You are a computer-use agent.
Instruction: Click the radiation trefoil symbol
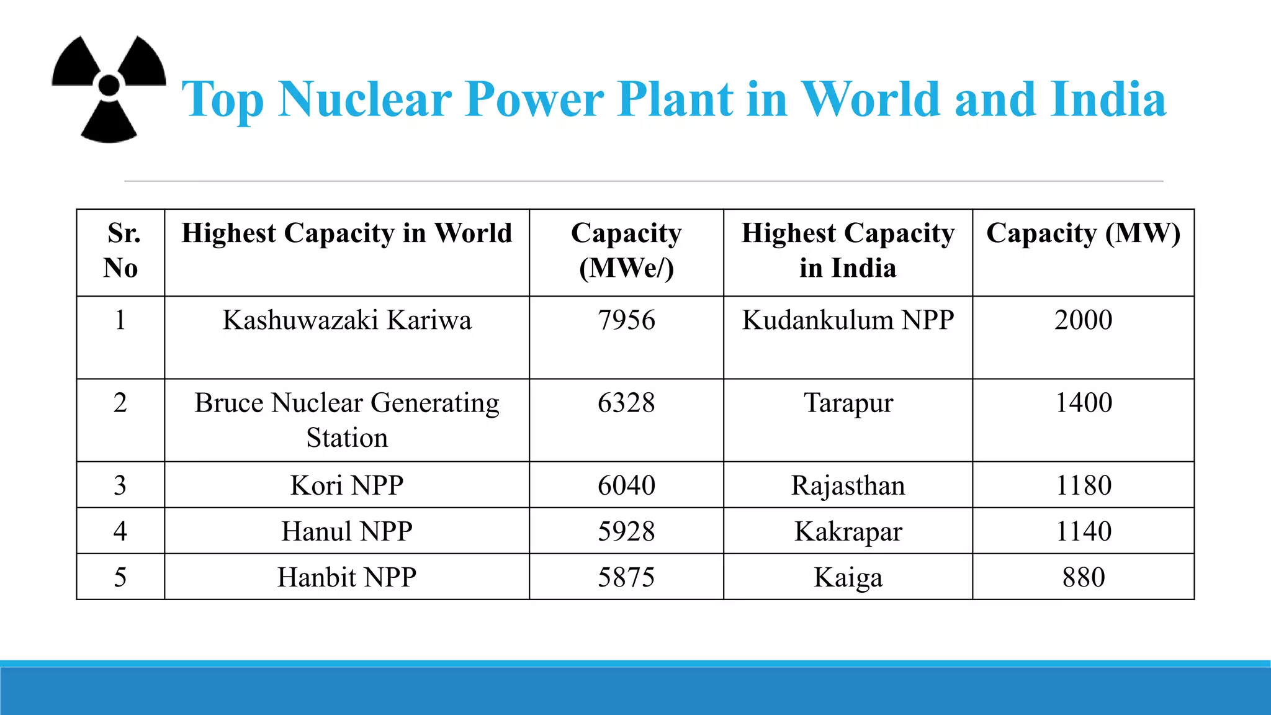click(x=109, y=88)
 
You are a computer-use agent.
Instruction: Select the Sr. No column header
click(x=121, y=251)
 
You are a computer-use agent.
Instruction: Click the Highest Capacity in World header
click(x=346, y=234)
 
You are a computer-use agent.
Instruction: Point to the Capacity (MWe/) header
click(x=626, y=251)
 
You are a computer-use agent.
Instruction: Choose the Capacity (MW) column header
click(x=1083, y=234)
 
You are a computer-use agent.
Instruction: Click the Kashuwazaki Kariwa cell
click(x=346, y=320)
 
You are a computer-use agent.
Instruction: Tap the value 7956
click(x=626, y=320)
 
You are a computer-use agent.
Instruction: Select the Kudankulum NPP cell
click(x=848, y=320)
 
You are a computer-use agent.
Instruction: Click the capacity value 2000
click(x=1083, y=320)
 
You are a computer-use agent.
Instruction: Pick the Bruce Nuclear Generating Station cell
click(x=346, y=420)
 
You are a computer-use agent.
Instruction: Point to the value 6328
click(x=626, y=403)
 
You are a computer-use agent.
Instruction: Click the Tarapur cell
click(x=848, y=403)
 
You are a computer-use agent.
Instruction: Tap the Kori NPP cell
click(x=346, y=485)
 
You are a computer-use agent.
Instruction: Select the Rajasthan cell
click(x=848, y=485)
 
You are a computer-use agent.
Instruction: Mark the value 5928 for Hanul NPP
click(x=626, y=531)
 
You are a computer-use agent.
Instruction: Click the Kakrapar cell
click(x=848, y=531)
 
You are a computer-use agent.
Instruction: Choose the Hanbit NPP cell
click(x=346, y=577)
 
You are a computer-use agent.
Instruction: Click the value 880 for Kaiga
click(x=1083, y=577)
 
